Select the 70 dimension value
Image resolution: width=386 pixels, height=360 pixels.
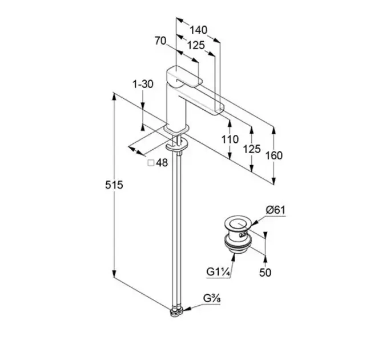pos(160,41)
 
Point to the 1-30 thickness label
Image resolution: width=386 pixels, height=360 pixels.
pos(143,84)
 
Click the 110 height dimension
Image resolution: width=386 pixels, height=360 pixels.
pos(229,139)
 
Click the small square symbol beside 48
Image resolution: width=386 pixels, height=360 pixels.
pos(151,163)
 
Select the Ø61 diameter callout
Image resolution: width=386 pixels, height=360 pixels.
pos(276,210)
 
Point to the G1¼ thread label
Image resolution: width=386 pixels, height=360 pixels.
pos(219,273)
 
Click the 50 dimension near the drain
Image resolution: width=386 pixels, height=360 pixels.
pos(265,273)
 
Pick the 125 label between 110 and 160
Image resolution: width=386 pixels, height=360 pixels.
pos(251,149)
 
